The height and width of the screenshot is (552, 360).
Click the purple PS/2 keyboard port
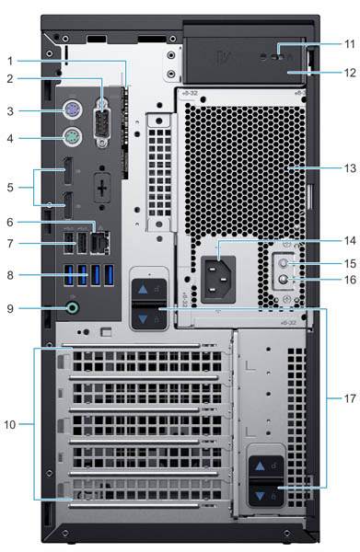73,111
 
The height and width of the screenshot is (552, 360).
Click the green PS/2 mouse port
73,138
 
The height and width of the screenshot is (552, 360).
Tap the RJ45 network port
99,243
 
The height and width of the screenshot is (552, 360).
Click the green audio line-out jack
73,309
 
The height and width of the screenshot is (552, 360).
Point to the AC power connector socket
218,279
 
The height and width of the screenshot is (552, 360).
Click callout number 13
350,168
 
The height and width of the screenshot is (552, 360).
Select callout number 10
10,424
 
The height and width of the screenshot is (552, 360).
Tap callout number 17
350,398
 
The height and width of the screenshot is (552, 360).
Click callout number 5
10,188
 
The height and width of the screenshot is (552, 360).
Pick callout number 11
350,44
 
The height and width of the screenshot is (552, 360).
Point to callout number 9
10,309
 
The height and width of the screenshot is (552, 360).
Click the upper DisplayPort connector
68,171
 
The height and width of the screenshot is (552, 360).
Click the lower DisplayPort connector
68,205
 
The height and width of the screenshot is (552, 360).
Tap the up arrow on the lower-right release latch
260,466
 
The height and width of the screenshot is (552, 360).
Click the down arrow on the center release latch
143,319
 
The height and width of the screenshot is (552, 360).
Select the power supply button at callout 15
284,263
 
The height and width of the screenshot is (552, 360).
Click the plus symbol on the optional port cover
102,189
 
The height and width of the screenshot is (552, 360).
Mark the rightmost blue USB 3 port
110,274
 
